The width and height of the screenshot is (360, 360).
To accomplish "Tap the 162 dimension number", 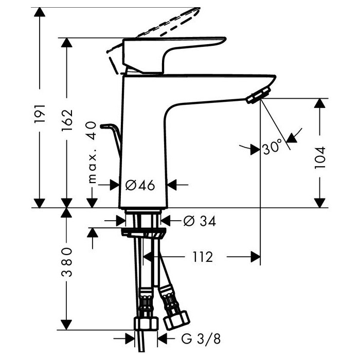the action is coord(67,120).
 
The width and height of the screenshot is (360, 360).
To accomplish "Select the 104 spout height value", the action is coord(320,158).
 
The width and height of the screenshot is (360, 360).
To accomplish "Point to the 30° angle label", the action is coord(272,147).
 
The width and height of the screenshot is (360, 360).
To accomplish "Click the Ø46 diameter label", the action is coord(140,185).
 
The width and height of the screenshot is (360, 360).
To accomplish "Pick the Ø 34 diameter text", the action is coord(200,221).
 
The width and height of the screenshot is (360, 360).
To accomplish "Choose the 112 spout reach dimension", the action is coord(203,257).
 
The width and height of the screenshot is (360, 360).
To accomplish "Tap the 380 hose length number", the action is coord(67,262).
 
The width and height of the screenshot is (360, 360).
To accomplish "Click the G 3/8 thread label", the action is coord(201,339).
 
